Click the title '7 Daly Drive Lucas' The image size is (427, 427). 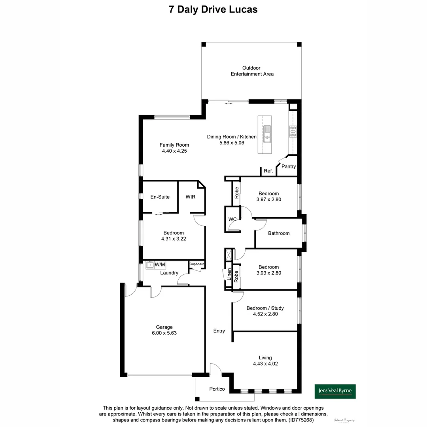213,9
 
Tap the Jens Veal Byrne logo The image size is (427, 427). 335,391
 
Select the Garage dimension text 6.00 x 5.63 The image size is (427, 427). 164,333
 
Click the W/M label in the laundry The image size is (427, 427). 160,264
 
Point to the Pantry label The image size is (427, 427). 289,166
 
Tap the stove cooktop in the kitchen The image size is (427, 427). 293,131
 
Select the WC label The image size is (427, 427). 232,219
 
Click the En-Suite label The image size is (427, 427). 160,197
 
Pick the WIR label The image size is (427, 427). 191,197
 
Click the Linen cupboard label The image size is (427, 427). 229,274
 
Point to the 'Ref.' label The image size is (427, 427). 268,171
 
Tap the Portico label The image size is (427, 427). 217,389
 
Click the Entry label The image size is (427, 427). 219,331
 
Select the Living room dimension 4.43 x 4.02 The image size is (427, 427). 265,364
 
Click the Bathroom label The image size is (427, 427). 279,233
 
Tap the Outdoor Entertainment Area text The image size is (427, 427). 252,71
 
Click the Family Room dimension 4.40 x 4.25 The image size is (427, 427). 174,151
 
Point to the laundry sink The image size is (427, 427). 150,265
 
